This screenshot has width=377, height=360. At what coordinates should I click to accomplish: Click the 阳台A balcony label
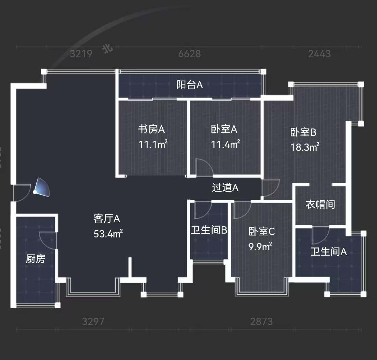point(190,85)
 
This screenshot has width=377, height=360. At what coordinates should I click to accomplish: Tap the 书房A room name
point(151,129)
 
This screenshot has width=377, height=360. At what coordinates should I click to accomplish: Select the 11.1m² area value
point(153,144)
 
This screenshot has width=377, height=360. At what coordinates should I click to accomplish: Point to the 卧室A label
point(224,129)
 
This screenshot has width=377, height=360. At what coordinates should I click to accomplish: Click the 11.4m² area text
point(226,144)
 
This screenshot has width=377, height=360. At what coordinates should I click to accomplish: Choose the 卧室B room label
point(303,132)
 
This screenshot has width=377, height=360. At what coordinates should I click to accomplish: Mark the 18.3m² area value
point(305,147)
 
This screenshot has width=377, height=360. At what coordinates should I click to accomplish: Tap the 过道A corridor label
point(225,188)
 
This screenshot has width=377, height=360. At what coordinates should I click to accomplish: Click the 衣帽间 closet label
point(320,204)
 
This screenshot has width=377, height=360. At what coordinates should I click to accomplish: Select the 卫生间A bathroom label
point(328,251)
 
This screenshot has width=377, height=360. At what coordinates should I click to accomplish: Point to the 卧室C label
point(262,231)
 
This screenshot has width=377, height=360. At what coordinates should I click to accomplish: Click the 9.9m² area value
point(260,247)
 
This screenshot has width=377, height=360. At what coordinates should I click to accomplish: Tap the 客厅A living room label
point(107,219)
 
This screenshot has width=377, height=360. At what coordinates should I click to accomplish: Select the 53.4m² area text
point(108,234)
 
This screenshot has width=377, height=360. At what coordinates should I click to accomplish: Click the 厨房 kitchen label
point(36,259)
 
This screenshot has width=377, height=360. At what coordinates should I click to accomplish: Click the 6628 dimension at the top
point(190,54)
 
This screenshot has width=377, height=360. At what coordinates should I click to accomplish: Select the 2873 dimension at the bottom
point(261,321)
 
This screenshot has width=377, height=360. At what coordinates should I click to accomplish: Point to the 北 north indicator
point(107,49)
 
